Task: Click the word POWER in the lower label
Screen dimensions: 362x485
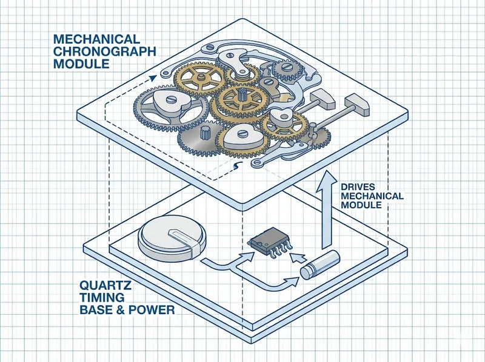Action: click(x=156, y=310)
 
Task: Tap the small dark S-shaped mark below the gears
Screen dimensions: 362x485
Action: click(x=238, y=165)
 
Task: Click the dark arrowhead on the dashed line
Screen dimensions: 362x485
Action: click(x=152, y=77)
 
